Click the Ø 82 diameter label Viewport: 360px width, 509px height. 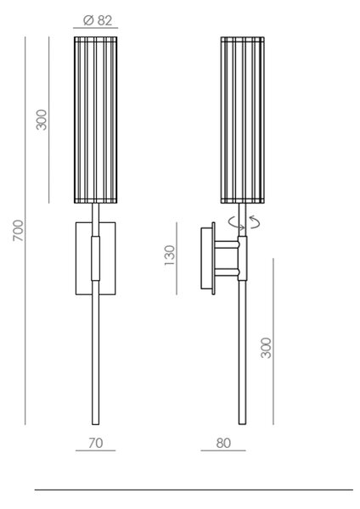click(x=98, y=20)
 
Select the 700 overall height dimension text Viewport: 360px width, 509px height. click(x=18, y=231)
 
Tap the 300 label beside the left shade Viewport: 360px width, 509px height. click(x=42, y=120)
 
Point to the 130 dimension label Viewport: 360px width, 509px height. click(x=169, y=255)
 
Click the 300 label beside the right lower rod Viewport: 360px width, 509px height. click(x=266, y=348)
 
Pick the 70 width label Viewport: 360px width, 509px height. click(x=96, y=443)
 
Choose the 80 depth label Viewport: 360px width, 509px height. click(x=223, y=443)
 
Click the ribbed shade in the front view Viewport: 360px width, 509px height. click(x=96, y=120)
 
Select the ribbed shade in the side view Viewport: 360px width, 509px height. click(x=242, y=120)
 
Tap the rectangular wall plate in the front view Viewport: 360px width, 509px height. click(x=96, y=259)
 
